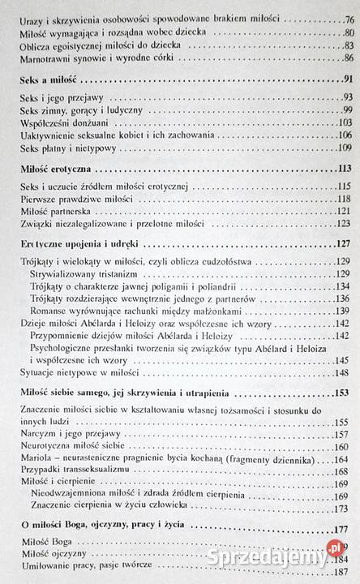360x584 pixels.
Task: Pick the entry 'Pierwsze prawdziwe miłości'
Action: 73,199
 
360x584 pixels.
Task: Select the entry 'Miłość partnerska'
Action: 53,211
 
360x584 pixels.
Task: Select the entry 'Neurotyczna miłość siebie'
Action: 73,447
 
